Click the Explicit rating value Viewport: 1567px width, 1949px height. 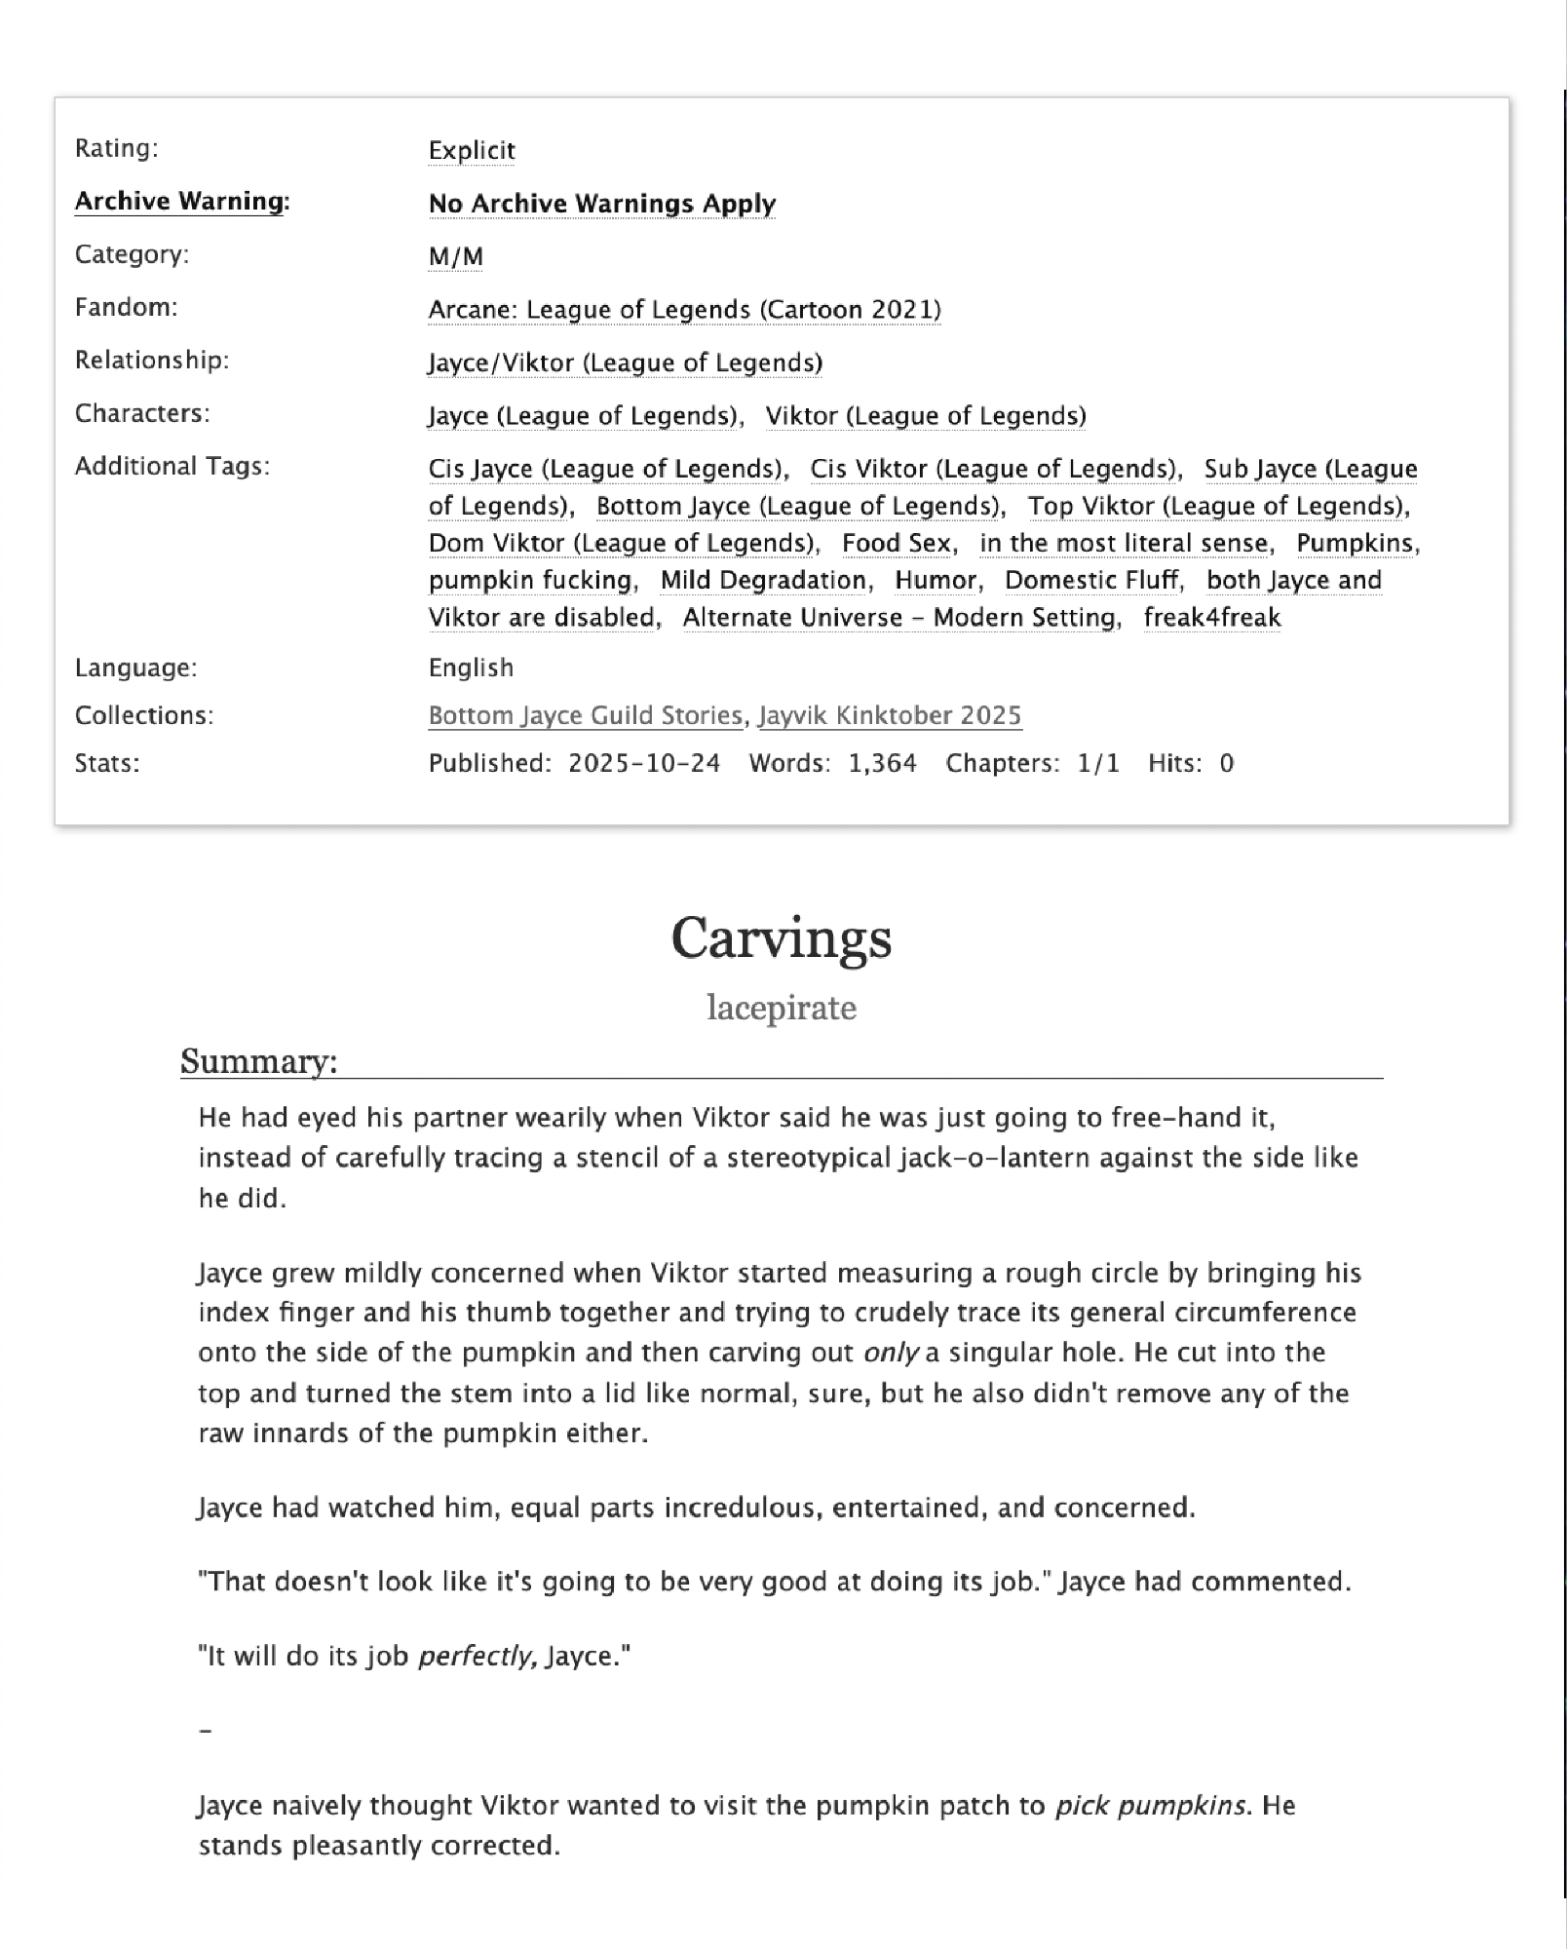[472, 150]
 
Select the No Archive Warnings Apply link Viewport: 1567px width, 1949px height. [602, 203]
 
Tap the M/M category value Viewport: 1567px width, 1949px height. [455, 256]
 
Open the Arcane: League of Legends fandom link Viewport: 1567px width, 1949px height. [684, 309]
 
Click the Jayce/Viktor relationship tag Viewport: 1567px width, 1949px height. [625, 363]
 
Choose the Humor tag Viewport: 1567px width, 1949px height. [936, 580]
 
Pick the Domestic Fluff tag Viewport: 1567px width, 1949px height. [1091, 580]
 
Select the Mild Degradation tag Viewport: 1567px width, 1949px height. [764, 580]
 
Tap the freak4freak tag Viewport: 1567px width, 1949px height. [1212, 617]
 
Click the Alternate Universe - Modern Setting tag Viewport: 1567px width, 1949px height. [899, 617]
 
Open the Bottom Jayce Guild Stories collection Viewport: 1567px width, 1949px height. [585, 715]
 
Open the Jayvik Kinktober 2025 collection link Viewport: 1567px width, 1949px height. [890, 715]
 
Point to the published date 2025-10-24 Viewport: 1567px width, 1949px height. [644, 763]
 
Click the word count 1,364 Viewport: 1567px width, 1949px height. [882, 763]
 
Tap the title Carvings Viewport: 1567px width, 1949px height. [782, 937]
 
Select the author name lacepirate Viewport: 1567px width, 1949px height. [782, 1007]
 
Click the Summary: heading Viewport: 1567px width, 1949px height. [258, 1060]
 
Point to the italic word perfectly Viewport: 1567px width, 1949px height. [477, 1657]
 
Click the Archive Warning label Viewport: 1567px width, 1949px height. [182, 201]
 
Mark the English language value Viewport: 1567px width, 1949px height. [471, 668]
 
